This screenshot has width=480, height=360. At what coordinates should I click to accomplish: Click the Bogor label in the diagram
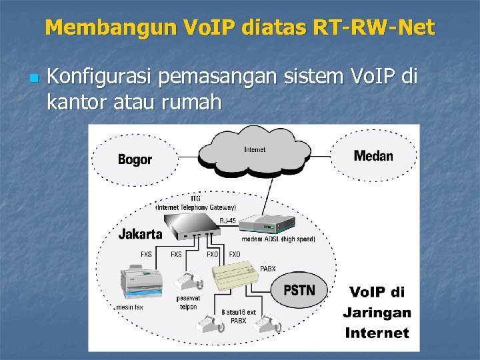coord(135,159)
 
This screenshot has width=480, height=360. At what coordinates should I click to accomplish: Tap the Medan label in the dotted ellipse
coord(373,156)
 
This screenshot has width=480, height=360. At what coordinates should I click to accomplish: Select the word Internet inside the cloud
coord(254,150)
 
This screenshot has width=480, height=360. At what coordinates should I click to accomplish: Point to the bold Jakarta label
coord(140,234)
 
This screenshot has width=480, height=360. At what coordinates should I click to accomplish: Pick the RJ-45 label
coord(227,221)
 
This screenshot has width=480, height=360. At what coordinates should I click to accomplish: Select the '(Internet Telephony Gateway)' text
coord(195,207)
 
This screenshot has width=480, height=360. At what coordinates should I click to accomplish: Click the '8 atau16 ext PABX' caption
coord(238,316)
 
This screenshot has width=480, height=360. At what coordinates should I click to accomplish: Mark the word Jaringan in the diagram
coord(377,312)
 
